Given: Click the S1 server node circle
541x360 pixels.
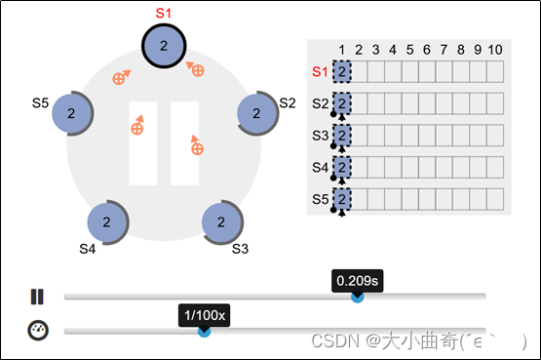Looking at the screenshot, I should (164, 46).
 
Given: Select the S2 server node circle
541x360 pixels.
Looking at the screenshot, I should (258, 112).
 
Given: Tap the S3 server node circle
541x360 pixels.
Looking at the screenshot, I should (222, 221).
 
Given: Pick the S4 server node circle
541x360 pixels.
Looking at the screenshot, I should (109, 221).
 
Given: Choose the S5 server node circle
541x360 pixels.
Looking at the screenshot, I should (71, 113).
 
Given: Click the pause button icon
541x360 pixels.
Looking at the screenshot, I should (37, 297).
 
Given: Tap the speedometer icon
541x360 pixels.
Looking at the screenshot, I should (37, 330).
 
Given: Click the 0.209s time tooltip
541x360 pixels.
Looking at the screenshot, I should (358, 280).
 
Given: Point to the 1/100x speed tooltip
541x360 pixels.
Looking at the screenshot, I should (205, 315).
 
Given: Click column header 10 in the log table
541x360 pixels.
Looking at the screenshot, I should (494, 49).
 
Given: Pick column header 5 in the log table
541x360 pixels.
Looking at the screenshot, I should (409, 49).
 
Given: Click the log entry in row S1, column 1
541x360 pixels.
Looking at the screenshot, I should (342, 71).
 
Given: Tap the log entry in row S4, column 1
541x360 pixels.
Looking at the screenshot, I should (342, 168).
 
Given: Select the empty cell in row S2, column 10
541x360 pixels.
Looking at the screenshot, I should (494, 103).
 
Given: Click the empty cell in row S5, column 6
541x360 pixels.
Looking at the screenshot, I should (426, 200).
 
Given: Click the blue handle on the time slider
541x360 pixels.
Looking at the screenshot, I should (358, 297).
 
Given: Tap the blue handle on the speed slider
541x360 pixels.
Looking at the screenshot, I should (205, 332).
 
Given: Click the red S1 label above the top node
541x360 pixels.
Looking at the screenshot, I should (164, 13).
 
